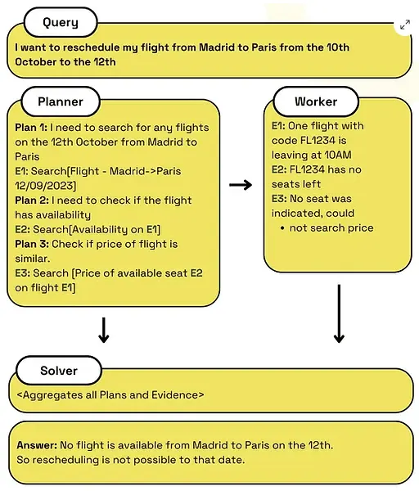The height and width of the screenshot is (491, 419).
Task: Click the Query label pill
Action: (x=61, y=23)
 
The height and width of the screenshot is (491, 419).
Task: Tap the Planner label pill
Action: (x=61, y=101)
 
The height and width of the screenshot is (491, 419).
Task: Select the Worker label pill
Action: (x=316, y=101)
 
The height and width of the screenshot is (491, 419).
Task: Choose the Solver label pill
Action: (x=59, y=371)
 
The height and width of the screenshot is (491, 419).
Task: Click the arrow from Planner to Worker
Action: (x=241, y=185)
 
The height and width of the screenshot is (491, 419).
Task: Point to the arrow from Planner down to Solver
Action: (x=104, y=330)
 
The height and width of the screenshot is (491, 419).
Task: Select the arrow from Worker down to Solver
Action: (x=339, y=313)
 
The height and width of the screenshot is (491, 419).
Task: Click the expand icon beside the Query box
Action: (x=405, y=25)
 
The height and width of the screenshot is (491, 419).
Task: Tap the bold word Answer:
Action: (x=37, y=445)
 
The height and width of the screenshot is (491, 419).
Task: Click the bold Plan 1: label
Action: (x=31, y=128)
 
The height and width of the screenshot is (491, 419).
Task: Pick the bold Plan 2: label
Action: (x=32, y=200)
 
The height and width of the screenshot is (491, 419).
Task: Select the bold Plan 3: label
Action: (x=32, y=244)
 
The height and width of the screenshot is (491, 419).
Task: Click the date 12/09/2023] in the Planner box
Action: (x=45, y=186)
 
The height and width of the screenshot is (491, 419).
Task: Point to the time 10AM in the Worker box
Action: (x=338, y=155)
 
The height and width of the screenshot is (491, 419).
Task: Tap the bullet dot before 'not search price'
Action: (x=282, y=228)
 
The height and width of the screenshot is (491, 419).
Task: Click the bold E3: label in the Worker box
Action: (x=279, y=199)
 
